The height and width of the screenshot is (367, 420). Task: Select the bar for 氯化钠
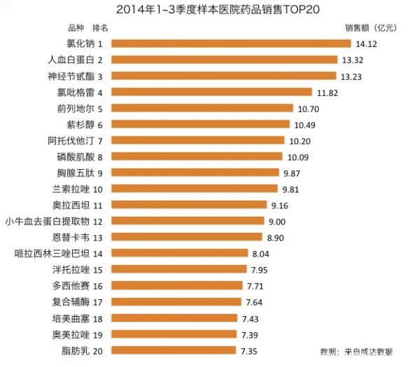(231, 44)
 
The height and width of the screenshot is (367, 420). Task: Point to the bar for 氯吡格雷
(211, 92)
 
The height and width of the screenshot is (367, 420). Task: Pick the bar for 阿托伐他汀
(199, 140)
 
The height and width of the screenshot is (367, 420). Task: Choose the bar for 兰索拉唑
(195, 189)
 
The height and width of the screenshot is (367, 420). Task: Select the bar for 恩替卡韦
(187, 237)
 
